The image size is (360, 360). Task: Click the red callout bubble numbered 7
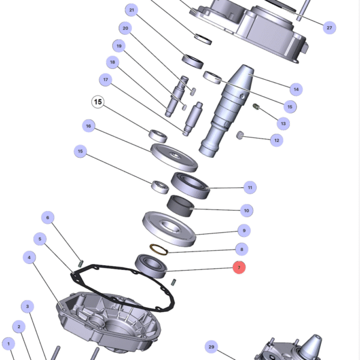pos(239,267)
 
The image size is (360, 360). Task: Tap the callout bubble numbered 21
pos(132,10)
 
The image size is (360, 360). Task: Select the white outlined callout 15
pos(98,103)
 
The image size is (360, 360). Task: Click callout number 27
pos(329,28)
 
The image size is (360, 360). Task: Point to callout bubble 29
pos(211,347)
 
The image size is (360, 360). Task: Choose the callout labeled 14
pos(295,89)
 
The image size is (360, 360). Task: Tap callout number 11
pos(250,187)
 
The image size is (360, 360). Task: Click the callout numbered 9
pos(243,230)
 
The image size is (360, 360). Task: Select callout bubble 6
pos(48,217)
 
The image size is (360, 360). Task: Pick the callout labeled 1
pos(8,344)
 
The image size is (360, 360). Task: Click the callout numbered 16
pos(89,126)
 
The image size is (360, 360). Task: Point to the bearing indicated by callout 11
pos(190,185)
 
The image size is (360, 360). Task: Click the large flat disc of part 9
pos(170,228)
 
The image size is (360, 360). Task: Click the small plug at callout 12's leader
pos(239,134)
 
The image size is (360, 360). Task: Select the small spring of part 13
pos(256,107)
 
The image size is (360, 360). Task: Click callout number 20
pos(125,28)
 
